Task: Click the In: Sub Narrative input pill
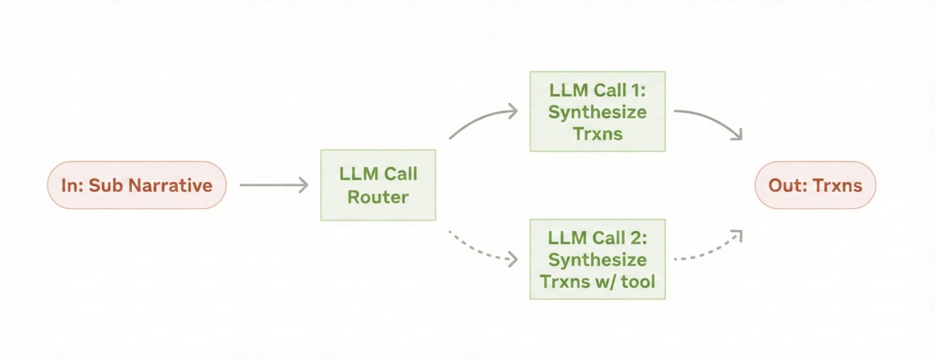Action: coord(137,185)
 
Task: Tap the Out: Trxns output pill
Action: coord(815,185)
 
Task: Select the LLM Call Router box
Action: coord(378,185)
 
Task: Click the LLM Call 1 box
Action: coord(597,111)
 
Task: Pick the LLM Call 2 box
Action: coord(597,259)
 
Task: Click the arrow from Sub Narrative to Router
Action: coord(274,185)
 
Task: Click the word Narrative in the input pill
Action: coord(170,186)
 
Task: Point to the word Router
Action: coord(378,197)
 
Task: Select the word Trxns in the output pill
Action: coord(838,186)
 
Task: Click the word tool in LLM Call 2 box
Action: coord(638,282)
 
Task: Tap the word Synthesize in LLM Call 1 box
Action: coord(597,112)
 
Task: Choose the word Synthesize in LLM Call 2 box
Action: coord(597,260)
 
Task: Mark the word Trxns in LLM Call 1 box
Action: coord(597,134)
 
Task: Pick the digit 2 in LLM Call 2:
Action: coord(636,238)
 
